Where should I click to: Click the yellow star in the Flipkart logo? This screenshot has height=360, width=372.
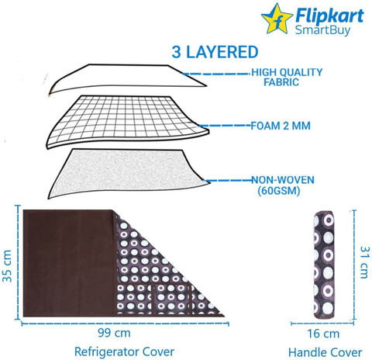(277, 19)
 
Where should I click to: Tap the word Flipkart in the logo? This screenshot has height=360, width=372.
(329, 16)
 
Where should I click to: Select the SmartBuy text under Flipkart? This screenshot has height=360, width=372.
(322, 30)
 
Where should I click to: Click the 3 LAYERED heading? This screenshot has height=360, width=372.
(215, 52)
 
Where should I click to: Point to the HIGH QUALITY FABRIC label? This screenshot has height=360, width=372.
(287, 77)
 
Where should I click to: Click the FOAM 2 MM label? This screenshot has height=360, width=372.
(281, 126)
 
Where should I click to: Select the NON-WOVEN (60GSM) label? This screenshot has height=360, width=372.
(283, 185)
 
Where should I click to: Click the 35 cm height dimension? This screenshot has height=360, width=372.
(7, 265)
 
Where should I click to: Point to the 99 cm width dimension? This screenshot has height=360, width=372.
(114, 333)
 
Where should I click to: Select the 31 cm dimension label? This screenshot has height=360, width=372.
(363, 262)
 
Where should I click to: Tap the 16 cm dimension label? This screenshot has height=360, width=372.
(323, 334)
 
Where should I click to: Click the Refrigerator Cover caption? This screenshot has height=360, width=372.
(124, 351)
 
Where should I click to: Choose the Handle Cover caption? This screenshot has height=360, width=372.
(325, 352)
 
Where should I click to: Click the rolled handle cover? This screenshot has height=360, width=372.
(324, 265)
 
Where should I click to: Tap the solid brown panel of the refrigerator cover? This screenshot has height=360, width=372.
(69, 263)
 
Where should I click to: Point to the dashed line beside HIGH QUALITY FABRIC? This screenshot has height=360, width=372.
(216, 74)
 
